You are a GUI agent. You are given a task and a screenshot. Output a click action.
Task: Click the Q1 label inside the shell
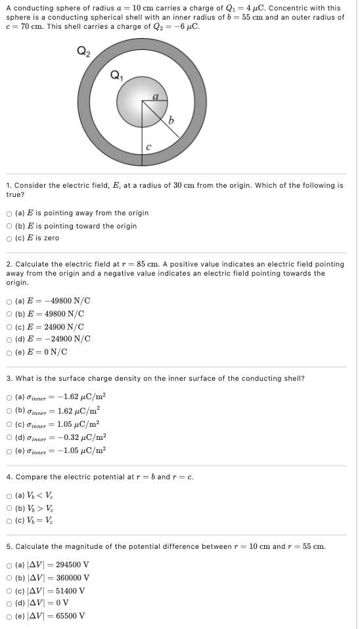click(118, 74)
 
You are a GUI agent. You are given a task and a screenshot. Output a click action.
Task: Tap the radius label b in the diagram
click(170, 120)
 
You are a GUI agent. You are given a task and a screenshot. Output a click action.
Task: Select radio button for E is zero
click(9, 238)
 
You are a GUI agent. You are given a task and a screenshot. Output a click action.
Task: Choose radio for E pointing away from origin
click(9, 213)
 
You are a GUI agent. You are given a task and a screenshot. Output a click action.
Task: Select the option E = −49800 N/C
click(9, 301)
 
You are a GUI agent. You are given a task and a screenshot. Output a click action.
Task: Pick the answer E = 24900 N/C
click(9, 326)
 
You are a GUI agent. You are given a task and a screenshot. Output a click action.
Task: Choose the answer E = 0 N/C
click(9, 352)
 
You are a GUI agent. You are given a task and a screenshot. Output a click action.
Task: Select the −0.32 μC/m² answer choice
click(9, 437)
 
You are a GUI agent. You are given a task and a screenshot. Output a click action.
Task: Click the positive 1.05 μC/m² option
click(9, 423)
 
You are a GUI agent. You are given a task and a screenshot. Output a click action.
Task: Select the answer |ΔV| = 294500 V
click(9, 564)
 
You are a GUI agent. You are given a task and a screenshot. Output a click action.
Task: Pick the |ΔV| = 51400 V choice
click(9, 590)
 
